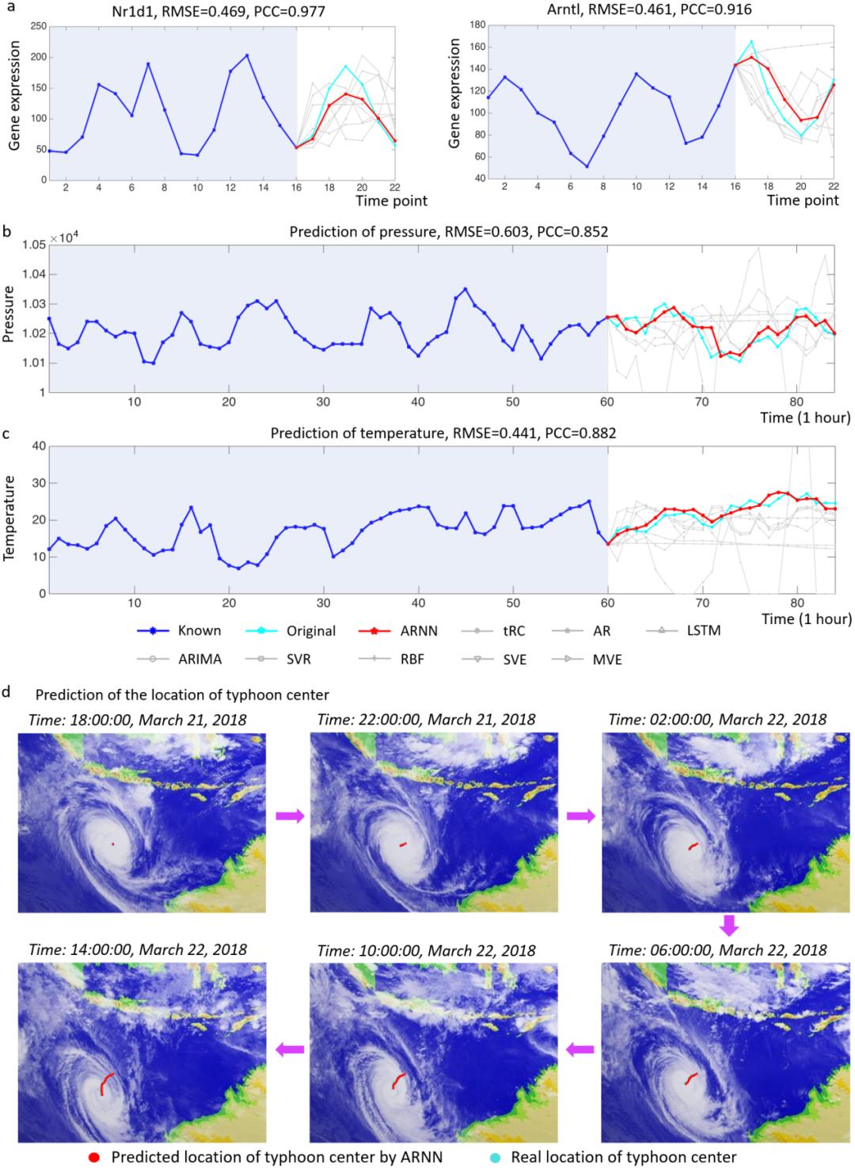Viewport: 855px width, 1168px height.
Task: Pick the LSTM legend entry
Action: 700,631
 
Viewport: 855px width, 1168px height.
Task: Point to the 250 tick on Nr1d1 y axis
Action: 36,27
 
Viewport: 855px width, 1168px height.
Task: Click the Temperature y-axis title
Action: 10,519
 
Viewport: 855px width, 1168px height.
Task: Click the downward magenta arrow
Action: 729,924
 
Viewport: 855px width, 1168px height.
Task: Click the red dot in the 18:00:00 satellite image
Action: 113,844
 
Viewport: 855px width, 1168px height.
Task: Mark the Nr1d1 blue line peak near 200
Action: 247,55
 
